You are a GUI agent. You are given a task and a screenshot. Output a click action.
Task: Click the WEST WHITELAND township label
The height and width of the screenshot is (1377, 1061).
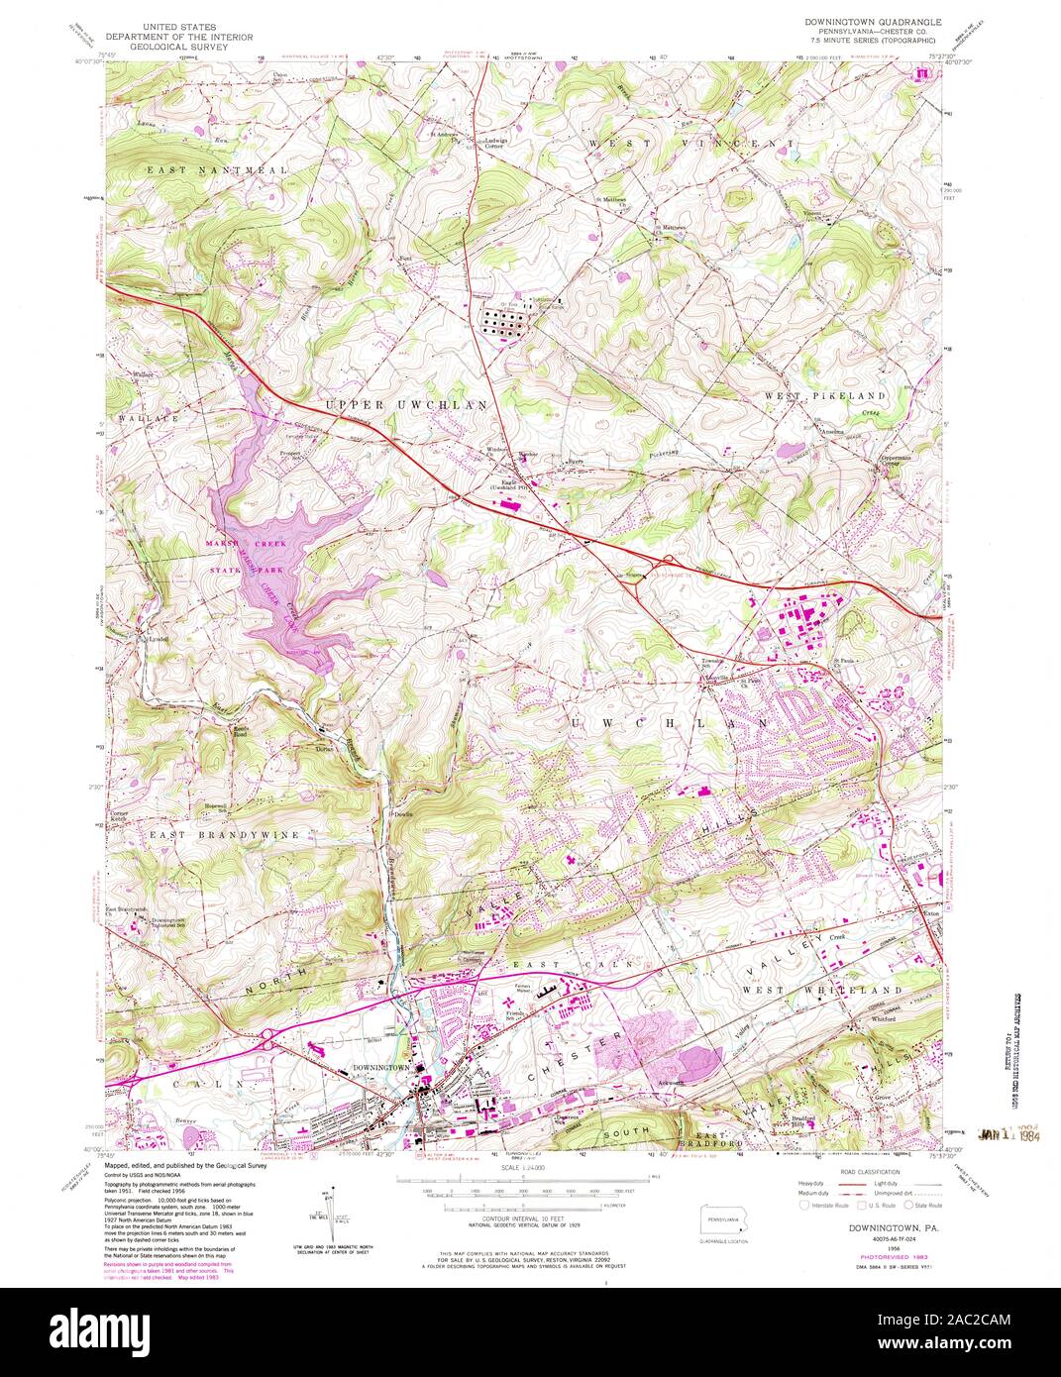point(821,990)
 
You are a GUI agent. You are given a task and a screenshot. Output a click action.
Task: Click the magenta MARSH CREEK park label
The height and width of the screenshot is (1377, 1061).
point(236,544)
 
